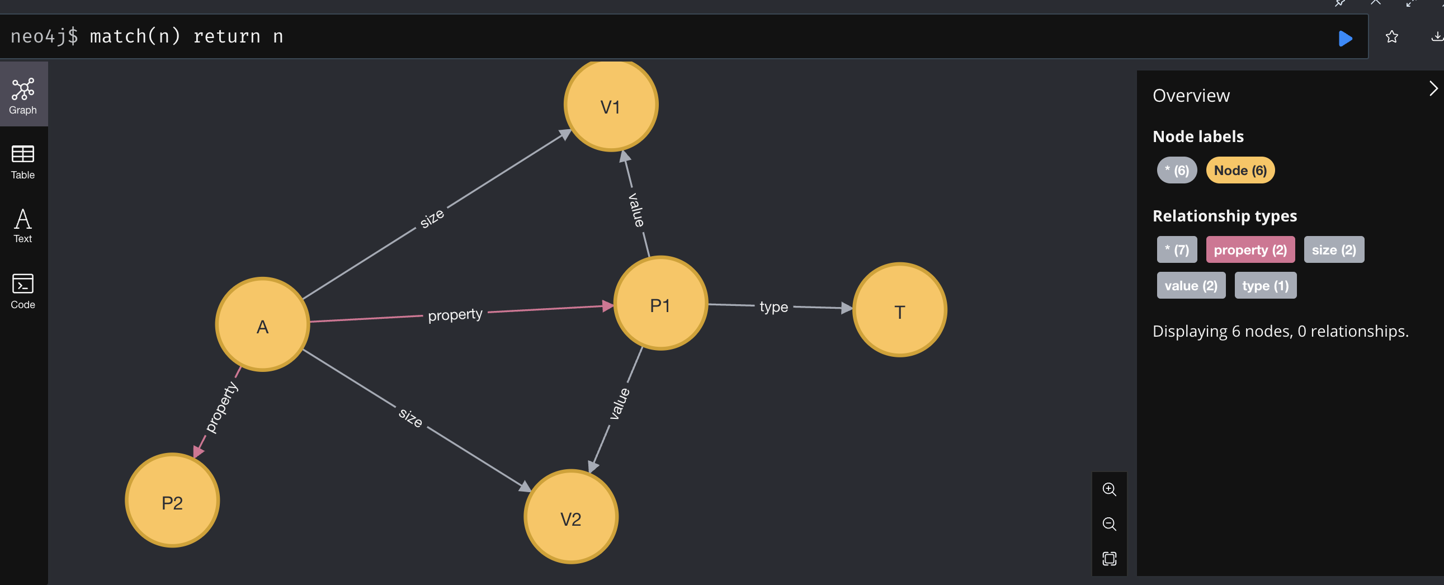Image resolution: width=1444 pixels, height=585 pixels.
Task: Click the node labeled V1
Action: coord(611,105)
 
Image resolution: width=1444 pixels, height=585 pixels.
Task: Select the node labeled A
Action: coord(262,324)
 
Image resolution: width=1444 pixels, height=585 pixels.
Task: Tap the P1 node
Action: coord(660,304)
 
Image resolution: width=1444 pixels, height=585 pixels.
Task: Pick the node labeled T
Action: coord(899,310)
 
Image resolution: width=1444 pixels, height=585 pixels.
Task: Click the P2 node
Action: coord(172,501)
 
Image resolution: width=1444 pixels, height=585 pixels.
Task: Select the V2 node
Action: coord(570,517)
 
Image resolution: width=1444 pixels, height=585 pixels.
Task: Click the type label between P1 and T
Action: coord(773,306)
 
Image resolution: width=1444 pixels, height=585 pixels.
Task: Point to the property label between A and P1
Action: coord(455,314)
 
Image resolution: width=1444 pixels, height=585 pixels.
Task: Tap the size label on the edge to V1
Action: coord(432,218)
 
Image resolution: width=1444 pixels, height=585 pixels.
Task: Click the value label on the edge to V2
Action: coord(620,403)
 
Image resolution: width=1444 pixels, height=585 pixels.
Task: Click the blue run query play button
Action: coord(1345,38)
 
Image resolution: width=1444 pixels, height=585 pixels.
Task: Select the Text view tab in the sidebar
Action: coord(23,226)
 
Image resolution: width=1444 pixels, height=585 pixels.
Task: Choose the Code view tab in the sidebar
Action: coord(23,291)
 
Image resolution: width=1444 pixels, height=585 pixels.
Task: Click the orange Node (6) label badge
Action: coord(1240,171)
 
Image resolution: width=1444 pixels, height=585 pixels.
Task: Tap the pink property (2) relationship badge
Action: coord(1250,250)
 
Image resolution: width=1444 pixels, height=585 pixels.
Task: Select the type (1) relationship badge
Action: coord(1265,286)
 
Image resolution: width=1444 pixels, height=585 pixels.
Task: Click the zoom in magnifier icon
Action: coord(1109,489)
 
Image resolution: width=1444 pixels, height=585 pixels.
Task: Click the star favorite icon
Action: coord(1391,37)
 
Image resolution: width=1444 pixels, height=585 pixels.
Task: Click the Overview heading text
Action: coord(1191,95)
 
